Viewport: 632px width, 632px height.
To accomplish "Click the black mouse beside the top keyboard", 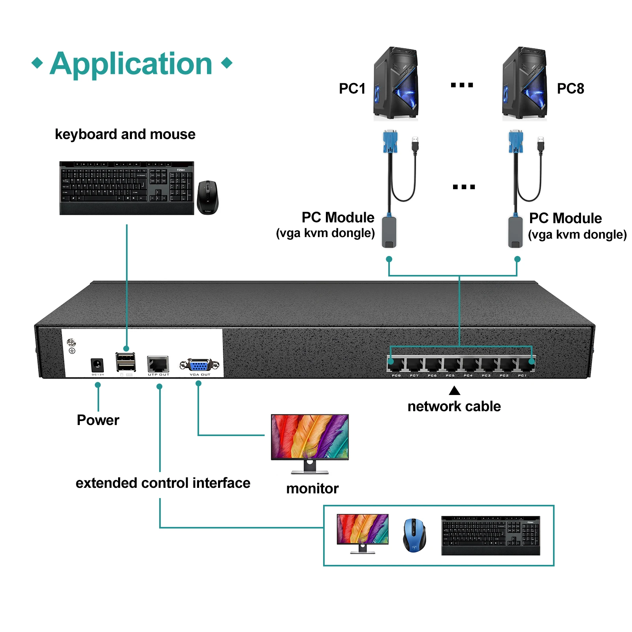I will [207, 197].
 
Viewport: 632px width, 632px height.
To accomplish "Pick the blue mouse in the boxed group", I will [414, 535].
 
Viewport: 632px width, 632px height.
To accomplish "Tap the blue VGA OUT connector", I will [199, 365].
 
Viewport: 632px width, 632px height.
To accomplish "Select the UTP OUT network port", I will [158, 364].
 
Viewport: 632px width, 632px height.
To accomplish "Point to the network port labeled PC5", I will [451, 364].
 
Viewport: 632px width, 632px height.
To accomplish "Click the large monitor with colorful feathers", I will [310, 438].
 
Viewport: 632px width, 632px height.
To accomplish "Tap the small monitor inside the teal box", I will [362, 530].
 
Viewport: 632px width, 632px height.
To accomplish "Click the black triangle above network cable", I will [455, 391].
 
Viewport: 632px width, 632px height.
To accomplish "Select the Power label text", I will [98, 420].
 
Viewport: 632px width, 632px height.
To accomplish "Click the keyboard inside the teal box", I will [491, 535].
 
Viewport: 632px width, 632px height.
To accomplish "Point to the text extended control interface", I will [163, 483].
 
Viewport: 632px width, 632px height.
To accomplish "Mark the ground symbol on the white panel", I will [72, 350].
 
